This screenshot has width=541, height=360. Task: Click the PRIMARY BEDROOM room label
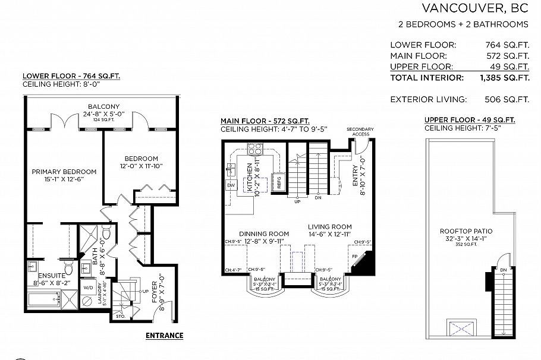coord(64,172)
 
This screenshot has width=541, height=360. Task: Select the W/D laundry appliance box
coord(89,288)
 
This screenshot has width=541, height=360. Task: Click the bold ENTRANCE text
coord(165,336)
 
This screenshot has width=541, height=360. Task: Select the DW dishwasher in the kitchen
coord(231,185)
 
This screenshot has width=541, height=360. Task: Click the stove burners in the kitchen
coord(254,148)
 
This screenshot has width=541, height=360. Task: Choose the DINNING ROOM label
coord(265,234)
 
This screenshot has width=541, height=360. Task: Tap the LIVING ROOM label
coord(329,226)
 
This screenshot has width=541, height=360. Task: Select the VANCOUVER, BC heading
coord(474,8)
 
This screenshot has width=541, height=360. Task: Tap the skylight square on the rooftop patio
coord(461,329)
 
